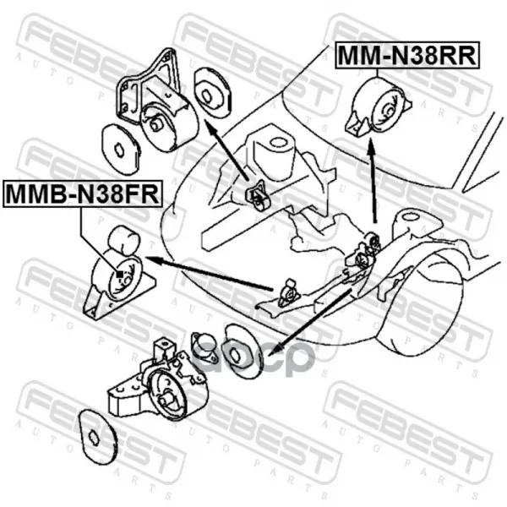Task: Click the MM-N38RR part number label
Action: [407, 55]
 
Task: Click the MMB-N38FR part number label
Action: [83, 194]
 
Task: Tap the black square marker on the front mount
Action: [120, 274]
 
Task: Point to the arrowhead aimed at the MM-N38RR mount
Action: [372, 144]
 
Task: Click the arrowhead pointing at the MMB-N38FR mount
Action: [154, 259]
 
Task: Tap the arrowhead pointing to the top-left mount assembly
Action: [210, 125]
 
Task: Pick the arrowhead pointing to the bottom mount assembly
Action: [274, 350]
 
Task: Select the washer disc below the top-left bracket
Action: [121, 149]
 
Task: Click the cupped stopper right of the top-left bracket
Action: [213, 92]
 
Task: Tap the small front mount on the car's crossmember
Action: [289, 293]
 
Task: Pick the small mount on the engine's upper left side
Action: [258, 196]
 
